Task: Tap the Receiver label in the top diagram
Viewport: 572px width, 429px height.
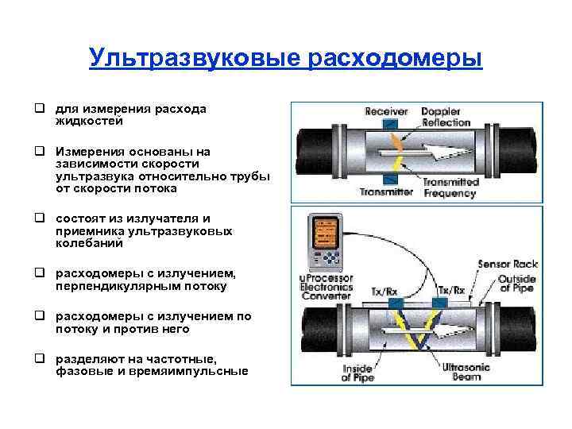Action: click(386, 111)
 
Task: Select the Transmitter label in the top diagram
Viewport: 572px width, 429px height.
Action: click(386, 191)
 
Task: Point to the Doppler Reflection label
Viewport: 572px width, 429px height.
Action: click(446, 117)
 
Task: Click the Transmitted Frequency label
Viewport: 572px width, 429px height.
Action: click(450, 187)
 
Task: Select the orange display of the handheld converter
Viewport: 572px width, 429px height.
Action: click(326, 234)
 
